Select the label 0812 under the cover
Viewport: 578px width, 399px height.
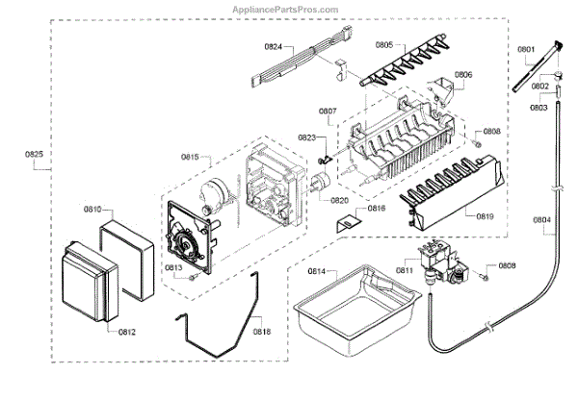(127, 332)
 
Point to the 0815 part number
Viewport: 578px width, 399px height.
(189, 156)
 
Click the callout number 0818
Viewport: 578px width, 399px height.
(262, 332)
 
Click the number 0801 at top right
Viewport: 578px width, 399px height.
(525, 49)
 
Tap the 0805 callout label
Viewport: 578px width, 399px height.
(384, 44)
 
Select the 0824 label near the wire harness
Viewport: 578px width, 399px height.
(273, 46)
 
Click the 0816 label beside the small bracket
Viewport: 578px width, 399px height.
(376, 208)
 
